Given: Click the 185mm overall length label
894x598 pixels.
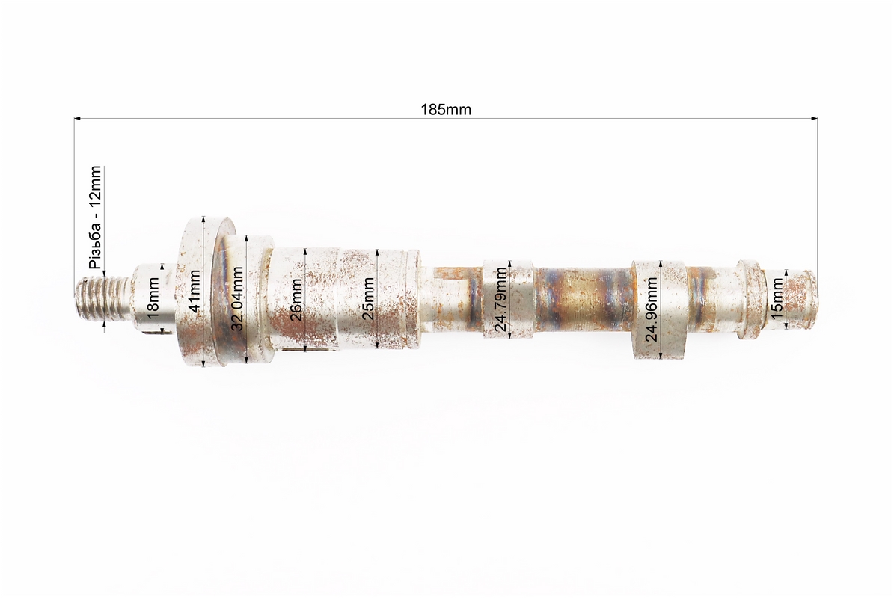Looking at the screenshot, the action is coord(446,109).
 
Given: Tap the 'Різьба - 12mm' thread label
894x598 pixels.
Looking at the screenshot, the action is coord(95,217).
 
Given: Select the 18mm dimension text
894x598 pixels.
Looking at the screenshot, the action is coord(152,298).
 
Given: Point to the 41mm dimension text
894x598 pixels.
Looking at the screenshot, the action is coord(195,292).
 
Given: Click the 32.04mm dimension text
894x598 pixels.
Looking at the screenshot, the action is coord(237,298).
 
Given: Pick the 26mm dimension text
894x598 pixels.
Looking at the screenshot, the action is coord(296,300).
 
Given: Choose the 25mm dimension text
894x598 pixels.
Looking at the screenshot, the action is coord(368,298).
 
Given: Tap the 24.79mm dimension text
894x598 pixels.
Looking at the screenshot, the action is coord(500,300).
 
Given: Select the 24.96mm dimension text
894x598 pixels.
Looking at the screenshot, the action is coord(651,309).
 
